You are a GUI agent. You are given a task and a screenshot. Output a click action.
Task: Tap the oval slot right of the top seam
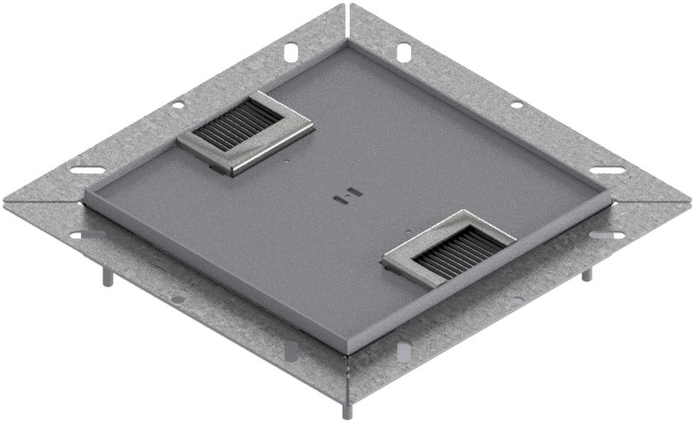click(x=403, y=52)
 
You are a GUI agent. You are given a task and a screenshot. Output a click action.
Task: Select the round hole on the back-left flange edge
click(x=178, y=105)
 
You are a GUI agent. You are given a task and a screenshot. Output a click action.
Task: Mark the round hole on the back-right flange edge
click(x=517, y=105)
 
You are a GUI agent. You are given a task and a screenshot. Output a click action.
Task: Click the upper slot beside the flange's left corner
click(x=87, y=170)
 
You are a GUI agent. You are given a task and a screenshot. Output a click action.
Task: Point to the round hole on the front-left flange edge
click(x=178, y=299)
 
